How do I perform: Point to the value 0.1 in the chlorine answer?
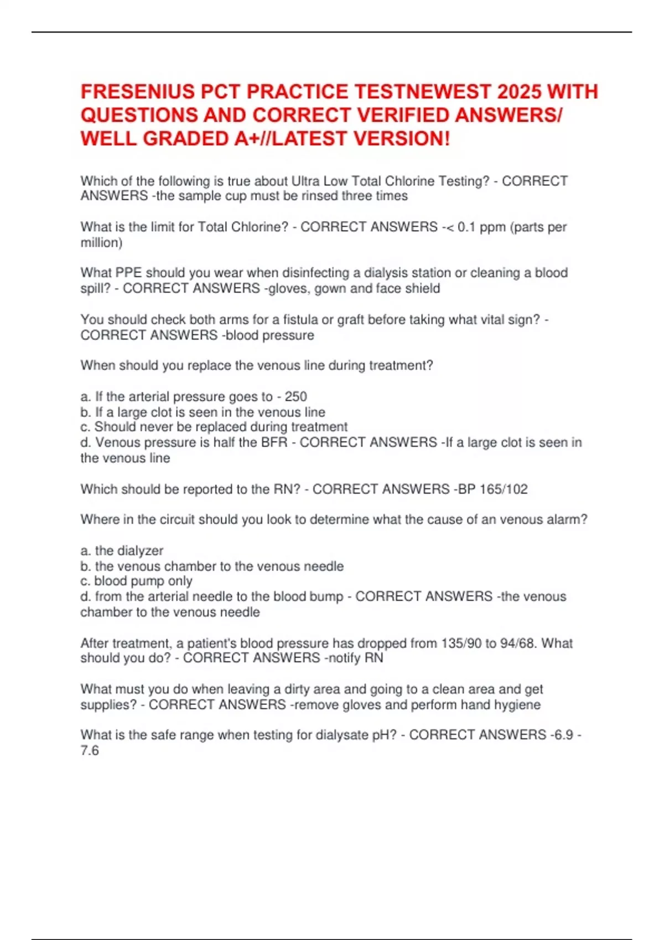(x=466, y=227)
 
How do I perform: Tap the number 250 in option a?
(x=295, y=396)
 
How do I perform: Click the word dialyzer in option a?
(x=129, y=551)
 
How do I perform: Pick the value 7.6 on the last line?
(x=90, y=751)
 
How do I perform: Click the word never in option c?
(x=152, y=427)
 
